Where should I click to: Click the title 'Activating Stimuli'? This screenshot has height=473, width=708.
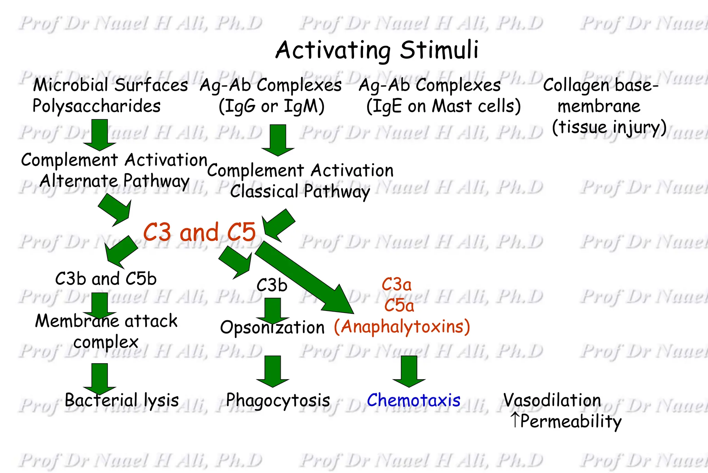click(377, 50)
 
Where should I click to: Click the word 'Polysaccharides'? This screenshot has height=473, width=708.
click(96, 106)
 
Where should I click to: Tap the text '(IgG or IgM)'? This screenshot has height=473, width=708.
click(272, 106)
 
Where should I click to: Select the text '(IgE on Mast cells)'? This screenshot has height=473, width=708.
click(444, 106)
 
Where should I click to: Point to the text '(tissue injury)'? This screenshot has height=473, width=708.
click(609, 127)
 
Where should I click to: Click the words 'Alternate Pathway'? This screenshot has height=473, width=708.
click(114, 181)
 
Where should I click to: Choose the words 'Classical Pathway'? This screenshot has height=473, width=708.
click(300, 191)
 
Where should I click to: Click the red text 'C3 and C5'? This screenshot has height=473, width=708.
click(199, 232)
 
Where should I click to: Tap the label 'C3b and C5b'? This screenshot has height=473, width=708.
click(106, 278)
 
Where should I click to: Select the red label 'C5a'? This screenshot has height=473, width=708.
click(399, 305)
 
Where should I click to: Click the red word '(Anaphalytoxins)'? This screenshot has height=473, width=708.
click(402, 327)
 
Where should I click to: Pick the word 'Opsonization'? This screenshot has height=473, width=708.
click(272, 328)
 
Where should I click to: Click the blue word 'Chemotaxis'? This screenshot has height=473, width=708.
click(413, 400)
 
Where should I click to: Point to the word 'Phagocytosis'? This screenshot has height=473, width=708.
click(278, 400)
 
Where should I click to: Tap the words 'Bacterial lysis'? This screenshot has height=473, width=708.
click(122, 400)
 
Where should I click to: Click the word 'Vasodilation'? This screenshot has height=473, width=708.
click(552, 400)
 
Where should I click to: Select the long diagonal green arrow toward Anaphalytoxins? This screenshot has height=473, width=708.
click(304, 277)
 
